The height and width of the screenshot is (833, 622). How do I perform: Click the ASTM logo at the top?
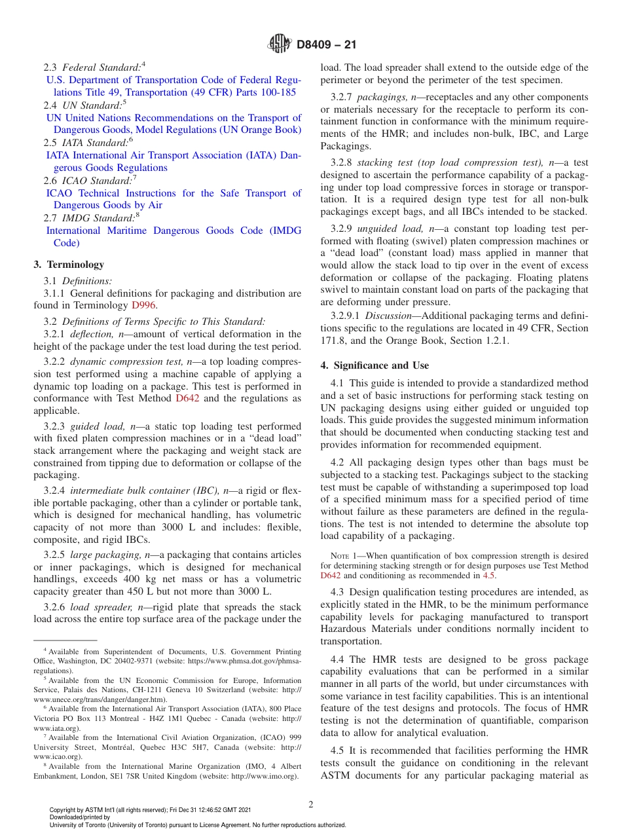280,45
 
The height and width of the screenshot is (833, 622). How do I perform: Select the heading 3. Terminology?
69,265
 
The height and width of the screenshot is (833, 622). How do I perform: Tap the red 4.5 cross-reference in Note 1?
489,576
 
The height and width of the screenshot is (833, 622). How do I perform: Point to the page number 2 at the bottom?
311,805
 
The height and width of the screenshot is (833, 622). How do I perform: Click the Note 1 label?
344,556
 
